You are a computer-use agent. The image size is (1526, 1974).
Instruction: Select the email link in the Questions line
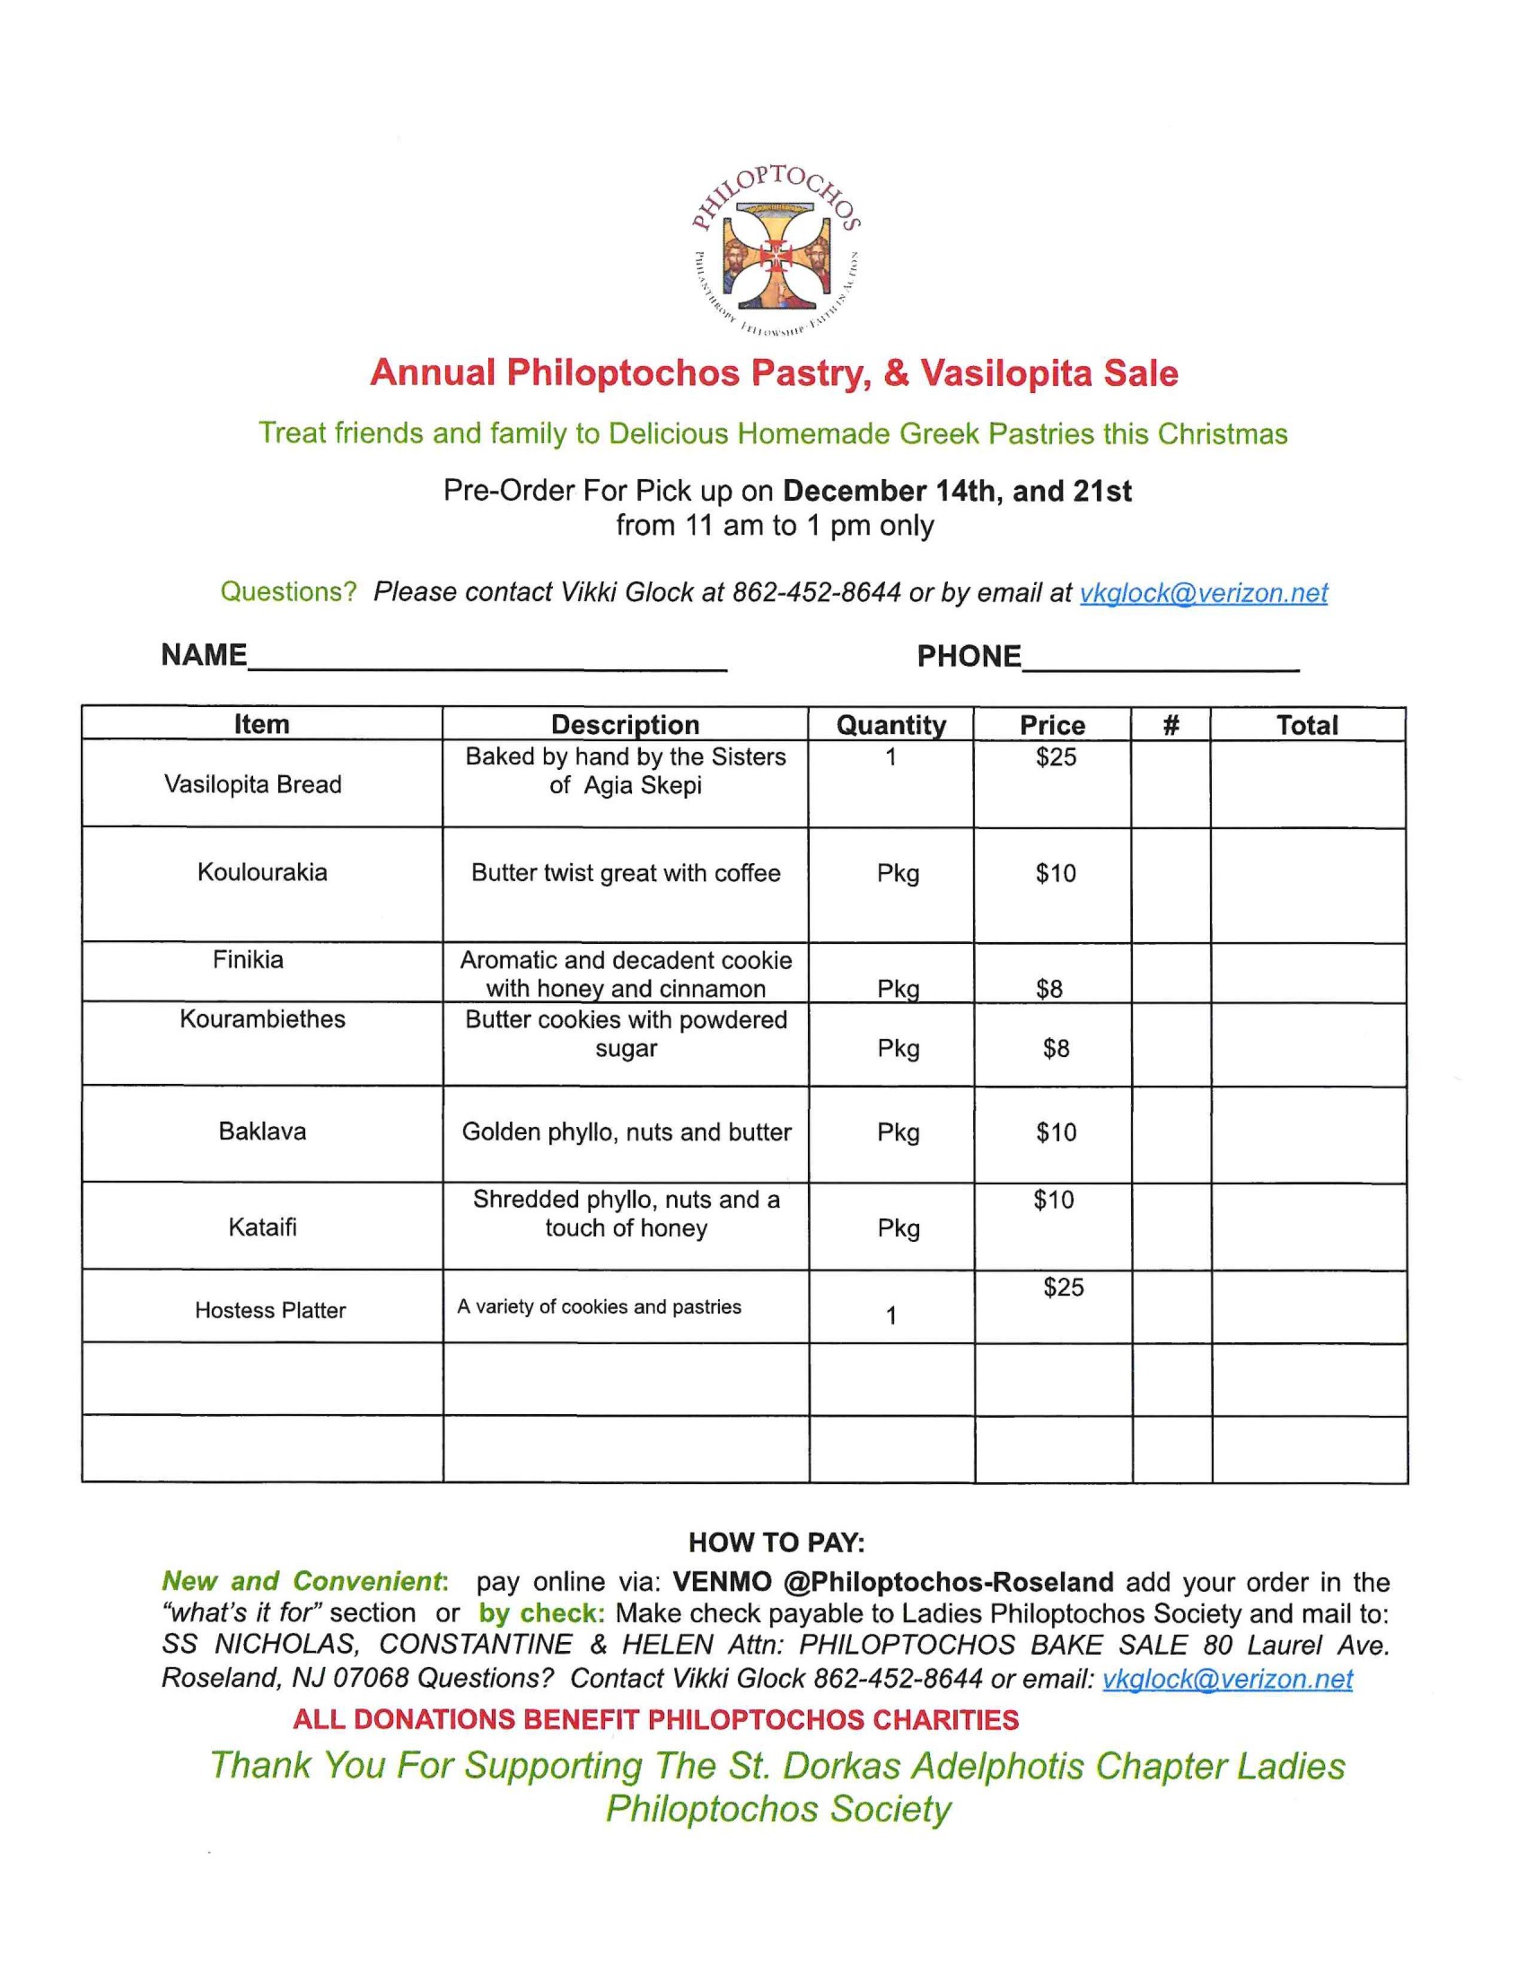(1203, 593)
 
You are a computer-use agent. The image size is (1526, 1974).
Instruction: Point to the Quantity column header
(890, 725)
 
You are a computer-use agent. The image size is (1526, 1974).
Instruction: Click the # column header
(1171, 725)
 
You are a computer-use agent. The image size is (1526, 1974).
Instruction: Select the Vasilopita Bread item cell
(253, 784)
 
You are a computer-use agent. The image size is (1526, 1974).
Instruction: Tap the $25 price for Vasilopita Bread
(1056, 757)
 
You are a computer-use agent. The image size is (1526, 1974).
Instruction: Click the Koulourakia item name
(262, 872)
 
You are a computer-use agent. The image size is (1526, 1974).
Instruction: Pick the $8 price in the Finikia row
(1048, 989)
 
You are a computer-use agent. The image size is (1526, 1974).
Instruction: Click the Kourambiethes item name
(262, 1019)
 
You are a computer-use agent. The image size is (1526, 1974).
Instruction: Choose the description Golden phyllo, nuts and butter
(627, 1132)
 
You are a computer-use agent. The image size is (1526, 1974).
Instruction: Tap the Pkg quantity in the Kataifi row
(898, 1228)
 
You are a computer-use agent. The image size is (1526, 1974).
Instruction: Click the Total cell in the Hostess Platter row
(1308, 1307)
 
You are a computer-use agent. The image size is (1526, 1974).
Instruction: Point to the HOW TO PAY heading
(776, 1542)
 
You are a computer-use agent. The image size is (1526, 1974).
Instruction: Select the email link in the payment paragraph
(1227, 1680)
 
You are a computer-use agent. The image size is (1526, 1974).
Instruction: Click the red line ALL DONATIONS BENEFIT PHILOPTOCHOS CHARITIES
(655, 1720)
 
